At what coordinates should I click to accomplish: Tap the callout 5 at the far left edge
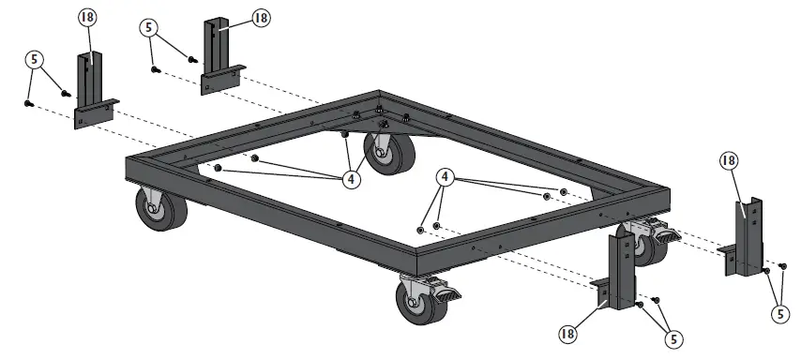click(35, 59)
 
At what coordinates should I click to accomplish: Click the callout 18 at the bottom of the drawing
click(568, 332)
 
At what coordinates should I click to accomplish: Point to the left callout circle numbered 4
click(351, 178)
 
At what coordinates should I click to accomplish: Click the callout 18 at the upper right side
click(729, 160)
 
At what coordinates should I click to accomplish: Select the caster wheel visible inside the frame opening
click(388, 156)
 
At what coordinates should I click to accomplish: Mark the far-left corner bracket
click(95, 94)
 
